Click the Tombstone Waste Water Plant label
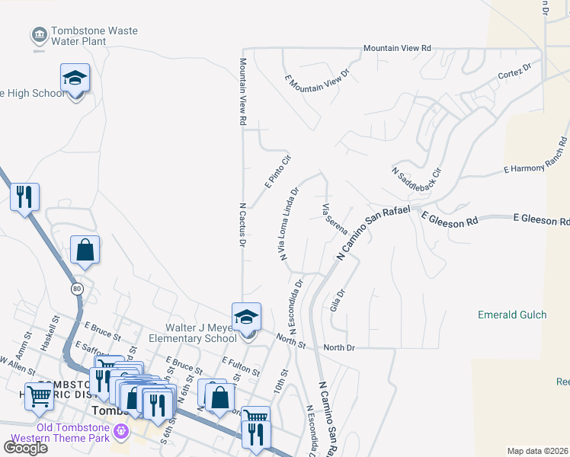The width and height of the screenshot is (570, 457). (94, 37)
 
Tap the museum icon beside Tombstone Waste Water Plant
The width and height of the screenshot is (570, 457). (38, 34)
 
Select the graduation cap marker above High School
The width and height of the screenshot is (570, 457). (75, 78)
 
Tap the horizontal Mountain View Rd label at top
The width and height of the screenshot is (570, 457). (397, 48)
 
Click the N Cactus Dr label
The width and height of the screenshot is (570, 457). (243, 225)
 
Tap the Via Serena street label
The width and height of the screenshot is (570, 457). (335, 219)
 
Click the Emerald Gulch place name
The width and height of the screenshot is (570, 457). (508, 315)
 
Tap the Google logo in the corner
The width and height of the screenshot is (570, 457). (25, 447)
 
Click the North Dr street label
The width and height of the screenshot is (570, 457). (339, 347)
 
